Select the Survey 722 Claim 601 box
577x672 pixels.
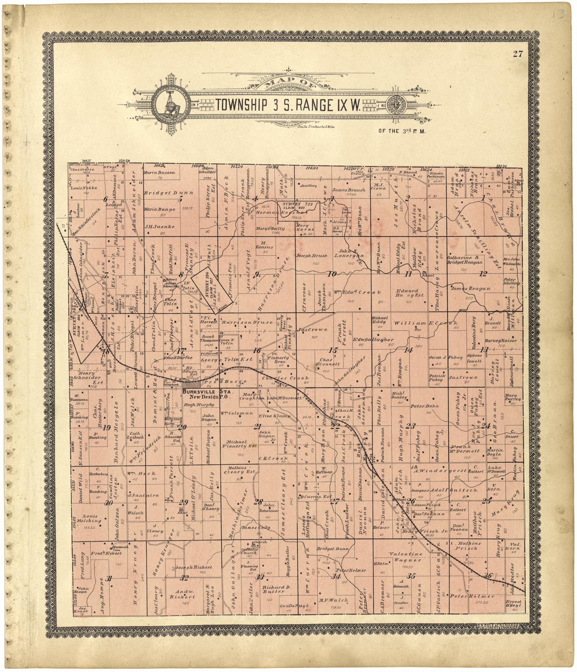(x=298, y=211)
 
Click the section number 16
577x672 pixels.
(x=257, y=350)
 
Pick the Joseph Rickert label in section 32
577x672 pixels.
(x=194, y=568)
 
